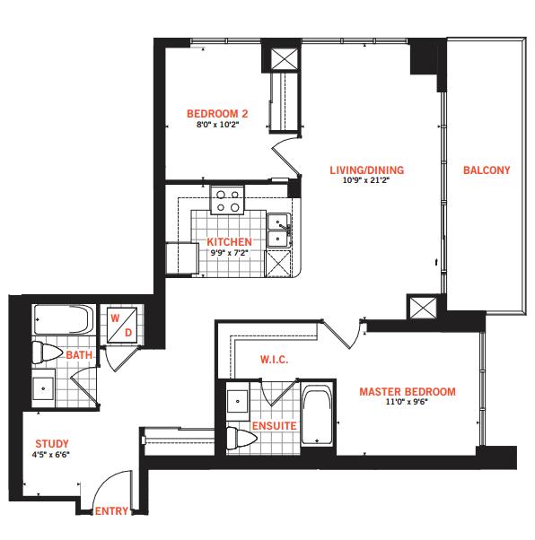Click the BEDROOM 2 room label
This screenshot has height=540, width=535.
tap(217, 114)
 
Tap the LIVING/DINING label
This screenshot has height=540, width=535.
tap(367, 170)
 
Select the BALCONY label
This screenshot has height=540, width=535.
tap(487, 170)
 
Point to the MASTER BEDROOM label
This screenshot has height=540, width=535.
tap(408, 392)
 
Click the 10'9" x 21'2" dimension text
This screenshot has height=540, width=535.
tap(366, 179)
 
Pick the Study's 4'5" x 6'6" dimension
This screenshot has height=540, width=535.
tap(50, 455)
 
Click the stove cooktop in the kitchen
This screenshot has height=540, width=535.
tap(227, 200)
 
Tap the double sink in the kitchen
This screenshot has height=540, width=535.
tap(278, 230)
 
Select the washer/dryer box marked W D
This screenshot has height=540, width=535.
tap(122, 325)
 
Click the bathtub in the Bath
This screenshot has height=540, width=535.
tap(64, 319)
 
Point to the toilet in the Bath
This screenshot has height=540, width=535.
tap(48, 353)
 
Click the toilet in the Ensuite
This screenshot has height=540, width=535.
tap(241, 438)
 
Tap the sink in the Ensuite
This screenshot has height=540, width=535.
tap(238, 401)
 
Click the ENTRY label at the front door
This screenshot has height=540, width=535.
tap(111, 511)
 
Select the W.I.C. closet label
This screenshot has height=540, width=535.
tap(274, 360)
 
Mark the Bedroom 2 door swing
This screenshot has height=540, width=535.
tap(285, 156)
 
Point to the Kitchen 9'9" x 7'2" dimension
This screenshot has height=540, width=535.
tap(229, 253)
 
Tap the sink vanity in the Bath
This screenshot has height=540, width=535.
tap(43, 388)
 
